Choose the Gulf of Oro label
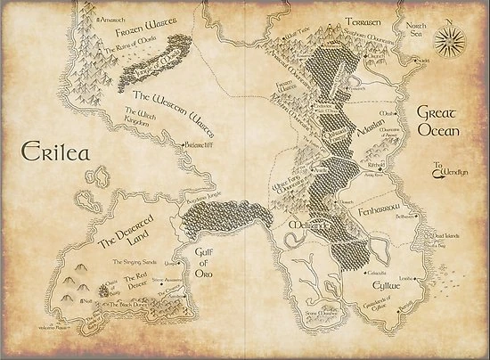point(207,261)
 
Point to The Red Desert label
point(140,271)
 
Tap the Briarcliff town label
point(198,143)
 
